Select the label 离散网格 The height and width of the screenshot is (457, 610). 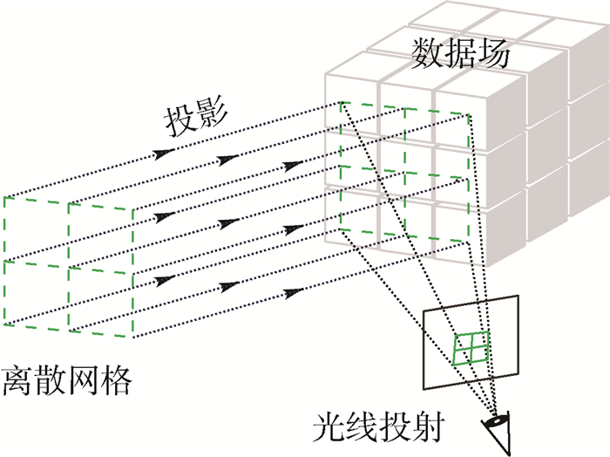point(67,380)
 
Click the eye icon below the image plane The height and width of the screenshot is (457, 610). point(498,427)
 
